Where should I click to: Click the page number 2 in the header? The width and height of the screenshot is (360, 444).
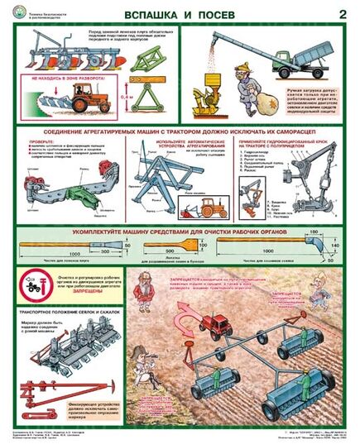342,13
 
